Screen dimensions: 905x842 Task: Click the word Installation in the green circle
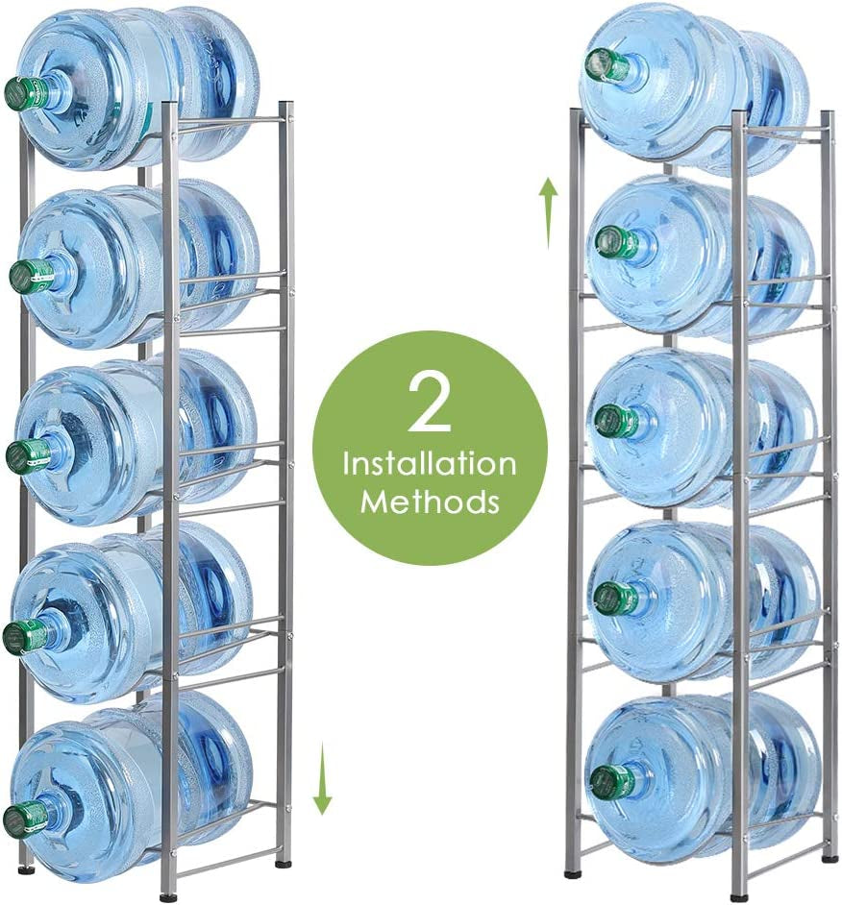(x=430, y=464)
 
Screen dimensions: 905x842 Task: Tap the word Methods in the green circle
(x=430, y=501)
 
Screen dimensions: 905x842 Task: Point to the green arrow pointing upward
(x=549, y=211)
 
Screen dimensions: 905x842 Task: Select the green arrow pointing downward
(x=322, y=779)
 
